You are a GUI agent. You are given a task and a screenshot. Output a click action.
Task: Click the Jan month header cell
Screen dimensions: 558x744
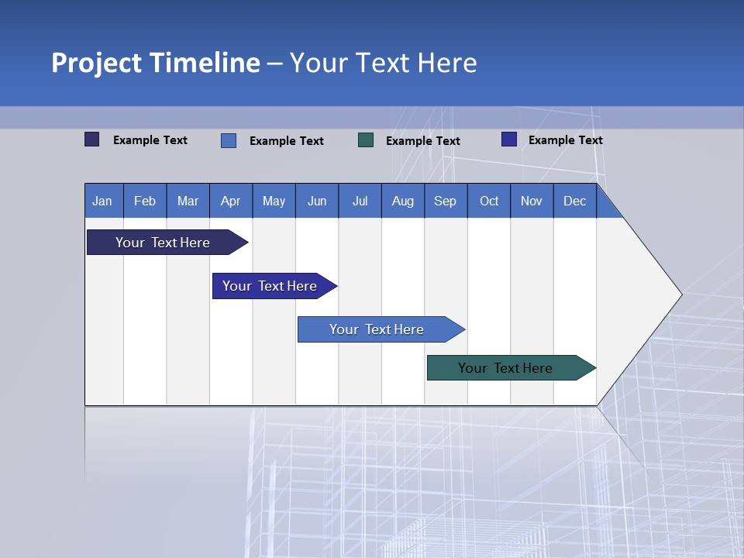(103, 201)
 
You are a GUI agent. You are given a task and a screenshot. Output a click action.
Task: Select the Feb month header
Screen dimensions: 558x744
(145, 201)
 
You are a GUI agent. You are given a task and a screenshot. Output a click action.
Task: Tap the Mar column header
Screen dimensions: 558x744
(188, 201)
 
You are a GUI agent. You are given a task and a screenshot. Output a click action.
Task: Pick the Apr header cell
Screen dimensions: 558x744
(231, 201)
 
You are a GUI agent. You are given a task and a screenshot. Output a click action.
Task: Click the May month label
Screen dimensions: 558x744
(274, 201)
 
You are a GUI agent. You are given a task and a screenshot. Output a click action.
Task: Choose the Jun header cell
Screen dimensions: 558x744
(317, 201)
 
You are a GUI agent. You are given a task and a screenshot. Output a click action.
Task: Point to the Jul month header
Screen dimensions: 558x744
(360, 201)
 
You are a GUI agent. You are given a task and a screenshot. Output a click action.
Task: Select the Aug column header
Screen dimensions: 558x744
(403, 201)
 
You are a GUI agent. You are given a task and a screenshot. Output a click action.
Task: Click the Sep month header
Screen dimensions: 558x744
(446, 201)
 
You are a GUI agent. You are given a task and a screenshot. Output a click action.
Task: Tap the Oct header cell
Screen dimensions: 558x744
(489, 201)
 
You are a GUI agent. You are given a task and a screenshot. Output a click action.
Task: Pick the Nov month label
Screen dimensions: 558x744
(532, 201)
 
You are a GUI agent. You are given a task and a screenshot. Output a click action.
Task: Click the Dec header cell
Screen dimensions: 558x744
(575, 201)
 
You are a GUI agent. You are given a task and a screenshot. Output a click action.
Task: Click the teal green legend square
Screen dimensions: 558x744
(366, 140)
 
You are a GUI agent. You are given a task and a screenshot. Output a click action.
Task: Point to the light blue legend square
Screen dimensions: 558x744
(229, 140)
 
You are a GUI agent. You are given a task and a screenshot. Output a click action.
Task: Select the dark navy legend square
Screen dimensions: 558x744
(92, 139)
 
